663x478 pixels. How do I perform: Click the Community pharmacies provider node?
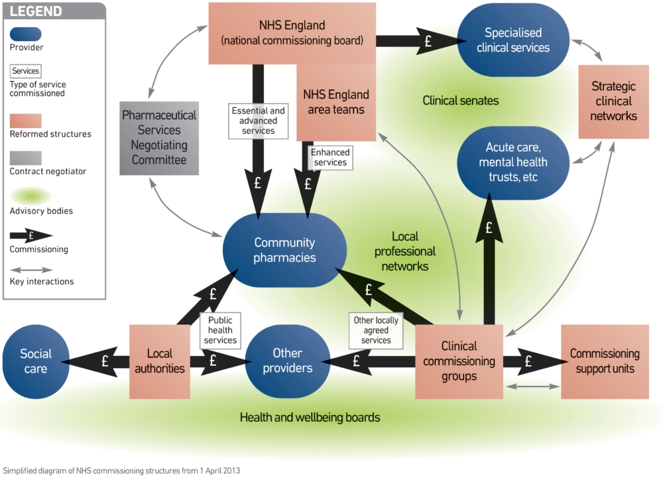coord(284,250)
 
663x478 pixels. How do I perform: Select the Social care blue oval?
coord(36,361)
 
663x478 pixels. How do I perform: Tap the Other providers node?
coord(287,361)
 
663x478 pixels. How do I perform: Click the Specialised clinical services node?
coord(513,40)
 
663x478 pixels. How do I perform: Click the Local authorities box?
coord(159,361)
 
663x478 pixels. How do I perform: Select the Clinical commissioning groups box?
coord(459,361)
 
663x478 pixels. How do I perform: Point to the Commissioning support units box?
coord(604,361)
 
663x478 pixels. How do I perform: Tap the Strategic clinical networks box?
coord(613,101)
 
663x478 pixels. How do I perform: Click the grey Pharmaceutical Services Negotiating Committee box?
coord(159,138)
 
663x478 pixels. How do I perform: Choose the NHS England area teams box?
coord(337,103)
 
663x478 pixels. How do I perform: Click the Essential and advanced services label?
coord(258,121)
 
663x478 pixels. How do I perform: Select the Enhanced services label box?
coord(330,158)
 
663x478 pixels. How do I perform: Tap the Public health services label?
coord(220,329)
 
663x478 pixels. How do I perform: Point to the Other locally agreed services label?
coord(376,330)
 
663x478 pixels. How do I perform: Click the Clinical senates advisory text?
coord(460,101)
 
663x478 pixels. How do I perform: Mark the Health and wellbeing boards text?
coord(310,418)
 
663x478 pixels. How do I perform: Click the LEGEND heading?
coord(36,11)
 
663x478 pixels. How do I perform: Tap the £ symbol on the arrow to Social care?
coord(104,361)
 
